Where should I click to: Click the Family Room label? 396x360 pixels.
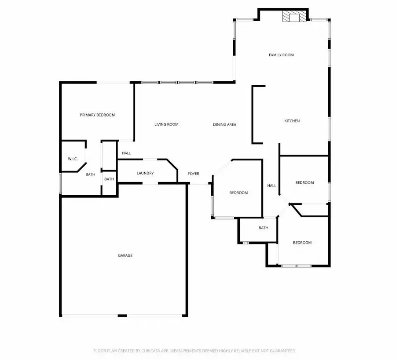pyautogui.click(x=281, y=55)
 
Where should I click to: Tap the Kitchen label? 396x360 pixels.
pyautogui.click(x=292, y=121)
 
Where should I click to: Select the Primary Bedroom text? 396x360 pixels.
pyautogui.click(x=97, y=115)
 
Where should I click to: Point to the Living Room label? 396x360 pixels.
pyautogui.click(x=166, y=124)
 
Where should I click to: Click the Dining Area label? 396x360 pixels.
pyautogui.click(x=225, y=124)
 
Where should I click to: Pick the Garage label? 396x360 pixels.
pyautogui.click(x=125, y=255)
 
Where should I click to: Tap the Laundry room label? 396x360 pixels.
pyautogui.click(x=145, y=173)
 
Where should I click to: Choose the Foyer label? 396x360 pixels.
pyautogui.click(x=194, y=174)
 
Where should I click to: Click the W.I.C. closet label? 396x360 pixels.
pyautogui.click(x=73, y=159)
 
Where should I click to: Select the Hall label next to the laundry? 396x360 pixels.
pyautogui.click(x=126, y=153)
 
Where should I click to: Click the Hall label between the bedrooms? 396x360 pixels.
pyautogui.click(x=272, y=185)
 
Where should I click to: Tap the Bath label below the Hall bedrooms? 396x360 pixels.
pyautogui.click(x=263, y=228)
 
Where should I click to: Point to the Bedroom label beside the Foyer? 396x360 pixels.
pyautogui.click(x=238, y=193)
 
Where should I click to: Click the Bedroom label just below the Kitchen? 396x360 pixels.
pyautogui.click(x=304, y=182)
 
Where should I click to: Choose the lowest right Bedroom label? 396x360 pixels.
pyautogui.click(x=302, y=243)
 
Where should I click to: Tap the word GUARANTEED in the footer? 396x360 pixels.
pyautogui.click(x=280, y=351)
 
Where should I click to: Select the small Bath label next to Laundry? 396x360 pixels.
pyautogui.click(x=109, y=179)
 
